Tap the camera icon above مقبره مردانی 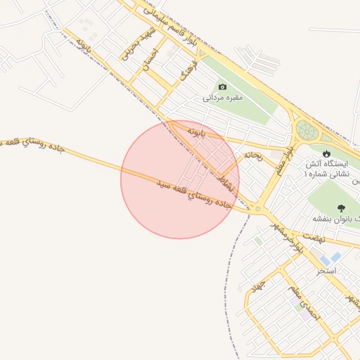(222, 86)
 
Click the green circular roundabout (307, 130)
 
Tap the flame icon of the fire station (326, 153)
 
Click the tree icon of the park (342, 208)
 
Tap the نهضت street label (314, 239)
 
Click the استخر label (327, 270)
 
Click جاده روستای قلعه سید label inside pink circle (193, 195)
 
